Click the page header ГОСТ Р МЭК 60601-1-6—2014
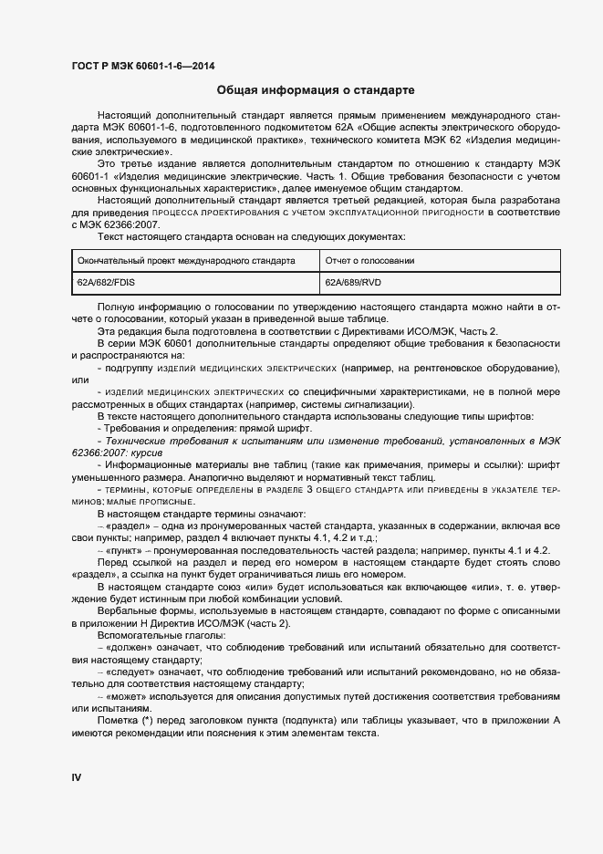tap(143, 65)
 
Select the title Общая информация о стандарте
tap(316, 91)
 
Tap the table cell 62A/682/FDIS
tap(106, 283)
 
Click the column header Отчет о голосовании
tap(369, 260)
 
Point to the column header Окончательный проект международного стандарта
tap(186, 260)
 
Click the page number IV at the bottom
tap(77, 776)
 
